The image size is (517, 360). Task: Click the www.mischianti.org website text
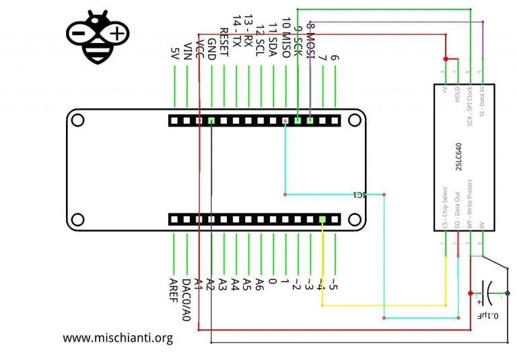click(x=118, y=338)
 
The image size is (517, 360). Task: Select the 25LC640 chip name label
click(x=458, y=159)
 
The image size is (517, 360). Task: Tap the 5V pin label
click(x=175, y=53)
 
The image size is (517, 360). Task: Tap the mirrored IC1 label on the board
click(x=360, y=195)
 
